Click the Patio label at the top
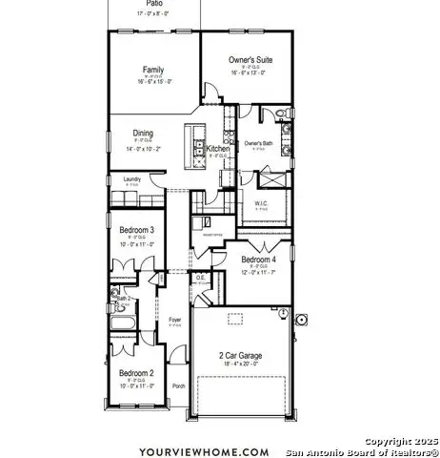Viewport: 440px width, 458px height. click(x=153, y=3)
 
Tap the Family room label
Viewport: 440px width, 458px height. click(x=153, y=70)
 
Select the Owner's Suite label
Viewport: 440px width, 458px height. click(x=252, y=59)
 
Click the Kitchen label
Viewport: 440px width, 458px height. click(x=218, y=150)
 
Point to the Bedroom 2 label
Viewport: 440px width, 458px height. click(x=136, y=373)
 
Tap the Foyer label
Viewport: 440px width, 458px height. click(x=175, y=320)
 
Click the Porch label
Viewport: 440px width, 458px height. click(x=178, y=386)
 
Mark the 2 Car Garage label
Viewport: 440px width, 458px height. click(x=240, y=355)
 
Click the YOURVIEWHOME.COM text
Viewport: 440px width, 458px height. click(x=204, y=451)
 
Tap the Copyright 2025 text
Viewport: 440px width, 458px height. click(x=402, y=442)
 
